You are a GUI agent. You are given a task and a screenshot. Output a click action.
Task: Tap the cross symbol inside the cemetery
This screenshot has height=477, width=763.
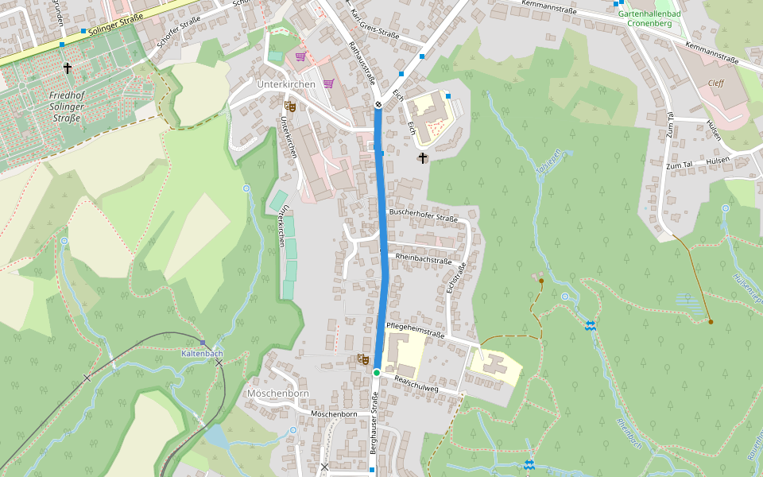click(68, 69)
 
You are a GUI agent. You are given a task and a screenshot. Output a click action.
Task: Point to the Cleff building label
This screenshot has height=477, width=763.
click(716, 81)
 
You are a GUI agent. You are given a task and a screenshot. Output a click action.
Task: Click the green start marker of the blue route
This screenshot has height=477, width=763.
click(377, 372)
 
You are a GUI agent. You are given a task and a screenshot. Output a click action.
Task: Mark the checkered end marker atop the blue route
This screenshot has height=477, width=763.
click(378, 104)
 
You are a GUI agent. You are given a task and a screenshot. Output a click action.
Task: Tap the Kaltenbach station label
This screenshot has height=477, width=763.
click(202, 353)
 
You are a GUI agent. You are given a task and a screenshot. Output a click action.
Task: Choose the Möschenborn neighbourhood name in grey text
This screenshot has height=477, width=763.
click(278, 394)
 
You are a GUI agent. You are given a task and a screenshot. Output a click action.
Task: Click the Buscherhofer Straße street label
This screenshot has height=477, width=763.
click(424, 215)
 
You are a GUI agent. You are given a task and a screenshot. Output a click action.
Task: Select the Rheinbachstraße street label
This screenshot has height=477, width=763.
click(423, 260)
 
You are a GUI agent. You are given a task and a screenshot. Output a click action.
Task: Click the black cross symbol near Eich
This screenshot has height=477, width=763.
click(422, 158)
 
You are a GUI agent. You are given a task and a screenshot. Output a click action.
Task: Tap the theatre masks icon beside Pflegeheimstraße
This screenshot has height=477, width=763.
click(362, 359)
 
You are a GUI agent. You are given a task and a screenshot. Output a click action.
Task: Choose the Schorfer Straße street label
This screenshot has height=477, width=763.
click(176, 33)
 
